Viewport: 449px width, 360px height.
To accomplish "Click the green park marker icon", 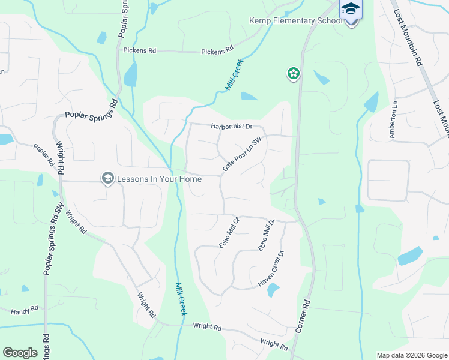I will (293, 74).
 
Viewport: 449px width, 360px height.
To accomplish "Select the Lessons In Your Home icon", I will (108, 178).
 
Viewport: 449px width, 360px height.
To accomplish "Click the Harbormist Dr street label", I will (231, 127).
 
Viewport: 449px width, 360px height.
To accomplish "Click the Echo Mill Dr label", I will (266, 235).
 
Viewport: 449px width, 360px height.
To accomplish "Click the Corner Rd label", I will (303, 317).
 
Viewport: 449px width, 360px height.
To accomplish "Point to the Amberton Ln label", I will (393, 124).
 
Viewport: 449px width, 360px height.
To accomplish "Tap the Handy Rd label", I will (25, 310).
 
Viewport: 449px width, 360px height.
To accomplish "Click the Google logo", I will (20, 353).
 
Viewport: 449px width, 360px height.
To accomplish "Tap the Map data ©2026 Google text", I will (411, 355).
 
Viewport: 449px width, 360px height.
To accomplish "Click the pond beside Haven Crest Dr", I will (273, 290).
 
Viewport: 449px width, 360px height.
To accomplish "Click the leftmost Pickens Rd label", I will (140, 51).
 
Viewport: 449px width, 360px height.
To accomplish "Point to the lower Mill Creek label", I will (181, 299).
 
